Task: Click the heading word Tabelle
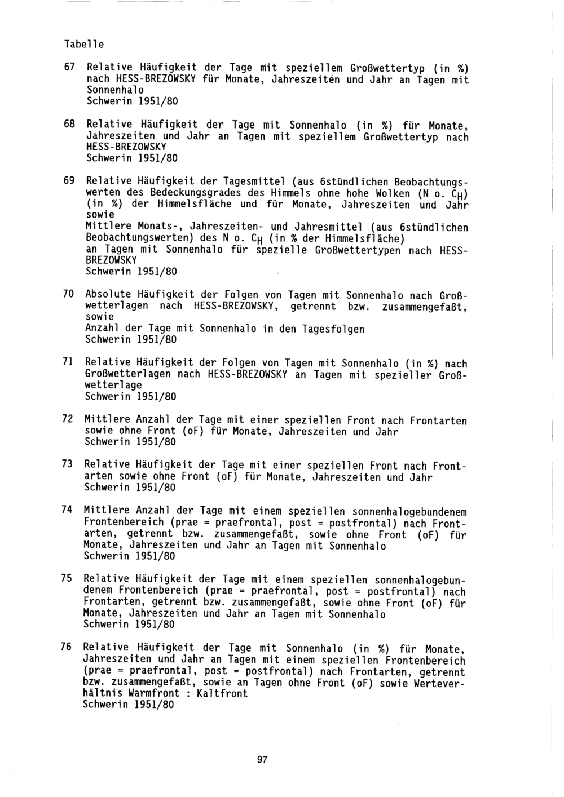(x=84, y=44)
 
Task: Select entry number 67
(x=69, y=67)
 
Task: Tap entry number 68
(x=69, y=123)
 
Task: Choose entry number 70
(x=68, y=294)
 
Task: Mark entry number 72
(x=68, y=419)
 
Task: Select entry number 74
(x=67, y=510)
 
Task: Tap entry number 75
(x=67, y=579)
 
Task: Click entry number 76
(x=67, y=647)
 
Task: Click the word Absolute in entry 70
(x=108, y=294)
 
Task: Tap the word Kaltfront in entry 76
(x=222, y=693)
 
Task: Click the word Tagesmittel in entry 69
(x=255, y=181)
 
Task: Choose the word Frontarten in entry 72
(x=439, y=420)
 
